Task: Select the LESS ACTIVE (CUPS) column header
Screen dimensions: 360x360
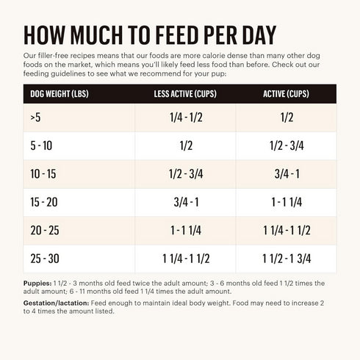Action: [186, 94]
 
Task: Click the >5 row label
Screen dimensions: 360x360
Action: [35, 118]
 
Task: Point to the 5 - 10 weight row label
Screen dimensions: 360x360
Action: [41, 146]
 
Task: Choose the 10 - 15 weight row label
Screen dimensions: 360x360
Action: [43, 174]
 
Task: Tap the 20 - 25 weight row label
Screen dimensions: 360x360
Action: [43, 230]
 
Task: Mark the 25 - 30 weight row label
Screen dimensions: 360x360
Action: [43, 258]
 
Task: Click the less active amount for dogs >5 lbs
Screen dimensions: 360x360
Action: [186, 118]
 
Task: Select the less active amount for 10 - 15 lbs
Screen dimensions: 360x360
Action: [186, 174]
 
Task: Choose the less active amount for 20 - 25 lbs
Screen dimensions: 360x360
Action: [186, 230]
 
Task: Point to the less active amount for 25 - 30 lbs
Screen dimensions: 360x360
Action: [186, 258]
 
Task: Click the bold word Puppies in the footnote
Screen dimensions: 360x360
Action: [37, 283]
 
